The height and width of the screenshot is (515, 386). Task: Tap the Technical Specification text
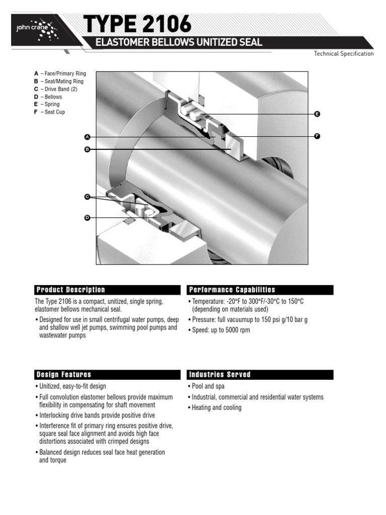343,54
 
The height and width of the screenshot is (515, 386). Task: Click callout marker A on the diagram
87,137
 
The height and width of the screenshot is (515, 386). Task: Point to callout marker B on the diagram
87,149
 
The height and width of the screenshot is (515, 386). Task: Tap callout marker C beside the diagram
87,197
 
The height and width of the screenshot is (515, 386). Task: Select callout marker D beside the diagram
87,217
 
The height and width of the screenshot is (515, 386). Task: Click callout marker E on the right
317,114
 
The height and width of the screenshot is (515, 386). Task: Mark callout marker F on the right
317,136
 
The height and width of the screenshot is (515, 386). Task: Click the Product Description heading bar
108,290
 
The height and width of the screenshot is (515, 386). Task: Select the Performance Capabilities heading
260,290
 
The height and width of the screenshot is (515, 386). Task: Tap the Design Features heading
108,375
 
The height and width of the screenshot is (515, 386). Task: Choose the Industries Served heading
260,375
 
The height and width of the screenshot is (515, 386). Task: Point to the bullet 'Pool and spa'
208,386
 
